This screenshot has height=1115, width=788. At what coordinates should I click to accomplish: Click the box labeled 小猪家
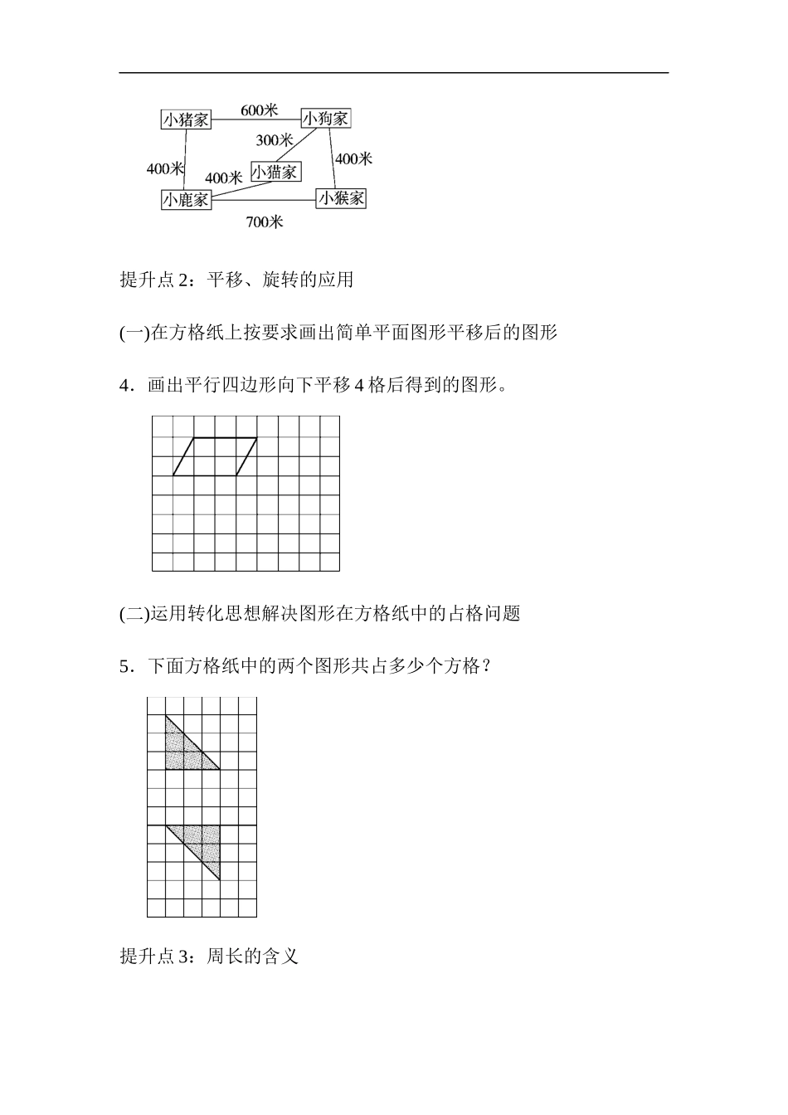pos(187,119)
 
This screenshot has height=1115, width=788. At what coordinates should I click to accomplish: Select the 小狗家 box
pos(326,119)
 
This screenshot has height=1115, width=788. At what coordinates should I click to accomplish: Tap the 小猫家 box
pos(275,172)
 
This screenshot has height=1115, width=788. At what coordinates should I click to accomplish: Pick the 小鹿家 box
pos(186,199)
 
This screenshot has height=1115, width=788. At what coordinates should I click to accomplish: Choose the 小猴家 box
pos(341,198)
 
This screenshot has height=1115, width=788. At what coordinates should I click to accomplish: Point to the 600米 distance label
pos(259,110)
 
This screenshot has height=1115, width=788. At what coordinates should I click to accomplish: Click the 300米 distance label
pos(274,139)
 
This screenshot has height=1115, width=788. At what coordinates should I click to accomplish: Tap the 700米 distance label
pos(265,222)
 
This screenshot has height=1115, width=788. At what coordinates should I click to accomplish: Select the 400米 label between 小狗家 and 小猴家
pos(354,158)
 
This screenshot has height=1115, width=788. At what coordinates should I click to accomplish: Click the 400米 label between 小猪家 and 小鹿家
pos(165,168)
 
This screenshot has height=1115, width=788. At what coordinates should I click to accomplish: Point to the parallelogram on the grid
pos(215,456)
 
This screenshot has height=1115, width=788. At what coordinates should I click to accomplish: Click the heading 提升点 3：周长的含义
pos(208,956)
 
